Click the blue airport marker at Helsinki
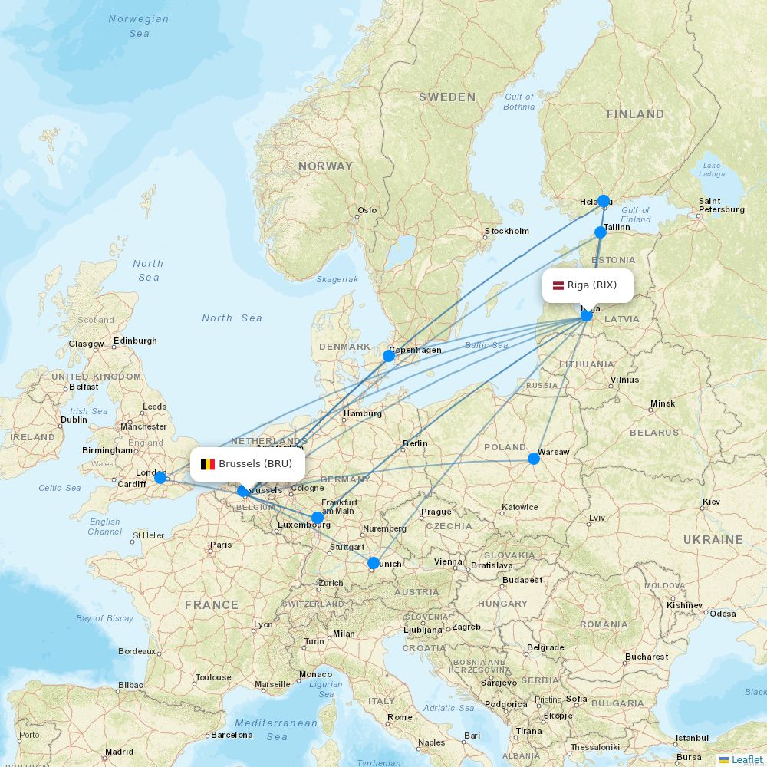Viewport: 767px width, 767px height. point(604,201)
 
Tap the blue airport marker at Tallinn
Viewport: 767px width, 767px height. point(601,232)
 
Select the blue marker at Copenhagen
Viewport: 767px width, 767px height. point(389,355)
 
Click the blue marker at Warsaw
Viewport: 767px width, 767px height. point(534,459)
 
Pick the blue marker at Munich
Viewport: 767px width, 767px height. point(374,563)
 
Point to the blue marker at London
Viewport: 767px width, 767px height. point(160,478)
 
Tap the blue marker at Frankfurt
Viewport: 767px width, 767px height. point(318,518)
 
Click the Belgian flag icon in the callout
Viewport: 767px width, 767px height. point(207,464)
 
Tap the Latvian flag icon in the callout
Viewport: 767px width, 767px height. point(556,285)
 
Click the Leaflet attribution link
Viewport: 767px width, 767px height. point(746,759)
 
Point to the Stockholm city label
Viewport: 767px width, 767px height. point(506,231)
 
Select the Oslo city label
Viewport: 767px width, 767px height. point(367,210)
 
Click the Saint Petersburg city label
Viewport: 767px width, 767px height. point(720,206)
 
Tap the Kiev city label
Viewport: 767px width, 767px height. point(710,502)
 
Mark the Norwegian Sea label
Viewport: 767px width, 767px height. point(139,26)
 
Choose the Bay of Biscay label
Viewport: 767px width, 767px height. point(104,618)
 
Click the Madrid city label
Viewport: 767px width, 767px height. point(119,752)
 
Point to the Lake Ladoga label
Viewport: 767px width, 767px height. point(712,170)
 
